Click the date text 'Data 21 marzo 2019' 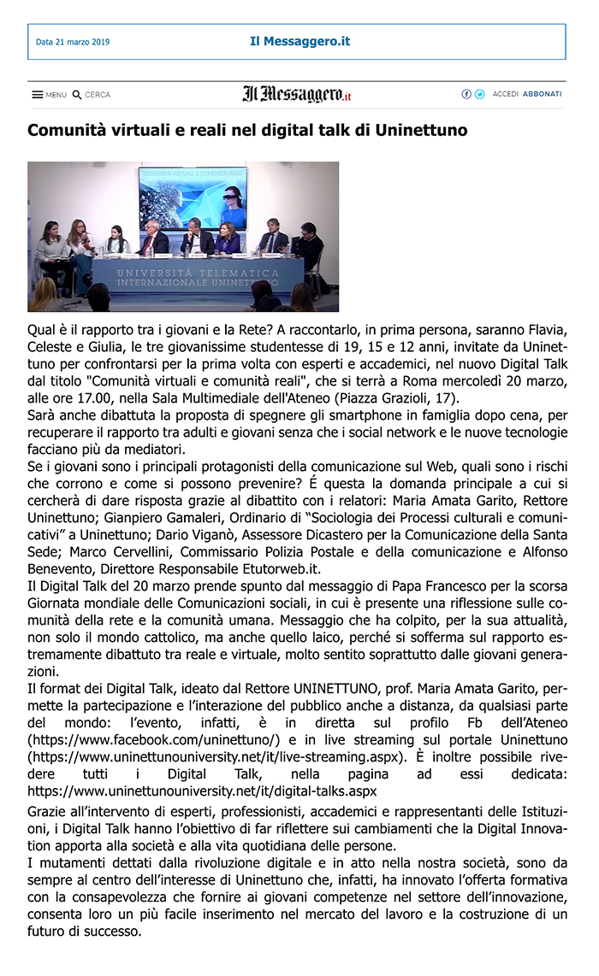tap(73, 42)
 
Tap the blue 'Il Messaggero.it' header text tap(299, 41)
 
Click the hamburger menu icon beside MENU tap(38, 95)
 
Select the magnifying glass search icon tap(77, 95)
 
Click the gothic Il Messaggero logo tap(296, 94)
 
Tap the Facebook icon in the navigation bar tap(466, 94)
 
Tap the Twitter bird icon tap(479, 94)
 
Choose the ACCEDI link tap(506, 94)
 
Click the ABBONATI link tap(542, 94)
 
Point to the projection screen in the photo tap(193, 197)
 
